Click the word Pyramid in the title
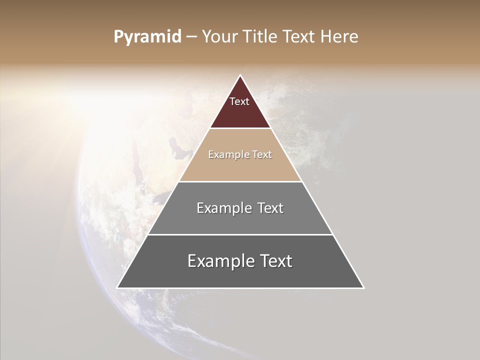coord(147,37)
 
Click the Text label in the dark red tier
coord(239,101)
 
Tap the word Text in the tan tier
coord(261,154)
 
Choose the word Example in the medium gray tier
coord(222,208)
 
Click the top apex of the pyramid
coord(240,76)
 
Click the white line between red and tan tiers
coord(240,128)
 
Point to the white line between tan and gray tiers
coord(240,181)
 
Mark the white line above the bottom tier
coord(240,234)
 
